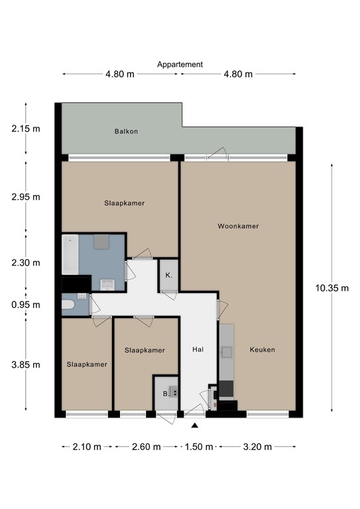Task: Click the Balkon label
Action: tap(126, 131)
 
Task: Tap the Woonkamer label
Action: tap(238, 226)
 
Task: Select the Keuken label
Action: tap(263, 350)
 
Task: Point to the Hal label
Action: tap(198, 349)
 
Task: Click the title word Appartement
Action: tap(180, 64)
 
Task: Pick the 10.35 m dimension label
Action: tap(332, 288)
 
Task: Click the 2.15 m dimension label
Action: tap(26, 129)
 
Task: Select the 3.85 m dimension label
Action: tap(26, 365)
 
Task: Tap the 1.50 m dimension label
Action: tap(199, 447)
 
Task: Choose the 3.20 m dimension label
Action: tap(257, 447)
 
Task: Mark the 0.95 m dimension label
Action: tap(26, 305)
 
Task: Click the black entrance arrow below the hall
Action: tap(195, 425)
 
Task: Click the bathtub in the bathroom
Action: tap(70, 254)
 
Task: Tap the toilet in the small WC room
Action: tap(68, 305)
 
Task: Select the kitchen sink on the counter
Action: tap(227, 351)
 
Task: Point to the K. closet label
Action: tap(169, 275)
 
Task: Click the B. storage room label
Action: tap(166, 394)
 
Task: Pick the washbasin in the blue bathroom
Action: tap(107, 284)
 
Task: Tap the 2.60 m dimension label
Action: tap(147, 447)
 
